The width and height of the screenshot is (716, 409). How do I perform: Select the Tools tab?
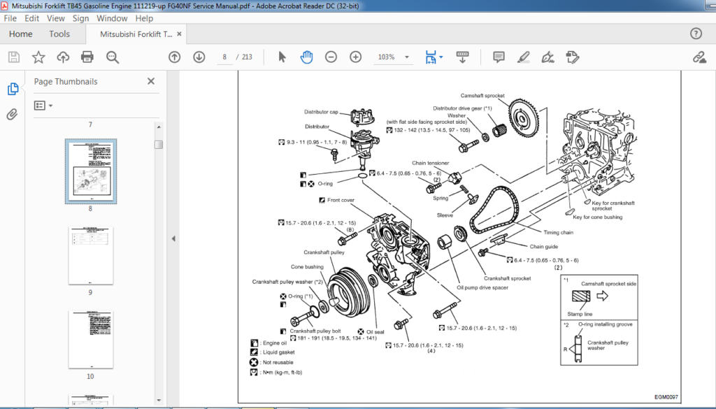click(x=59, y=34)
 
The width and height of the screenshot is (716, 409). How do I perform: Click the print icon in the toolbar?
click(x=87, y=57)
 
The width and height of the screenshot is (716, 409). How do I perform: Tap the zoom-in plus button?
click(x=356, y=57)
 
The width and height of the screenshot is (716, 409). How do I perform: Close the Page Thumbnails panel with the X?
click(x=150, y=81)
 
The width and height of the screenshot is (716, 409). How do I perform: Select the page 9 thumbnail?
click(x=90, y=255)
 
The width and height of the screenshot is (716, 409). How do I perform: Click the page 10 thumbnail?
click(x=90, y=340)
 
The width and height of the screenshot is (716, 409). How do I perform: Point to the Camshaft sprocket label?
click(x=482, y=96)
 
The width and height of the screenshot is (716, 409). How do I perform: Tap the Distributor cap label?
click(x=321, y=112)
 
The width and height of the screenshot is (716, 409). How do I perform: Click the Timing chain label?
click(x=558, y=232)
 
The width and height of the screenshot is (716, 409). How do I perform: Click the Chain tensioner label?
click(x=430, y=163)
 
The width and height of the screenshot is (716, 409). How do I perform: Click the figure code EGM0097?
click(x=666, y=396)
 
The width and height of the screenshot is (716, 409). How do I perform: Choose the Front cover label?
click(x=341, y=200)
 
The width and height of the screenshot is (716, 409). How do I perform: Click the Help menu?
click(x=144, y=18)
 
